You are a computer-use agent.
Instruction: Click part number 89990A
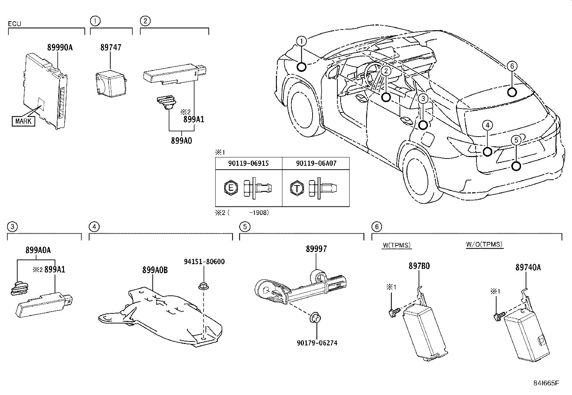pyautogui.click(x=60, y=47)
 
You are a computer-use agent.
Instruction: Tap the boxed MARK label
pyautogui.click(x=23, y=121)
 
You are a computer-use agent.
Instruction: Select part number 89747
pyautogui.click(x=111, y=47)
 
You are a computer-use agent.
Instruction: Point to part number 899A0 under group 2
pyautogui.click(x=181, y=141)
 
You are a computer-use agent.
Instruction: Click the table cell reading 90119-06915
pyautogui.click(x=248, y=163)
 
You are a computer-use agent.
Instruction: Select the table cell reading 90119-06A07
pyautogui.click(x=316, y=163)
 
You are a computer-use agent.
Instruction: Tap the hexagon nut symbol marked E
pyautogui.click(x=231, y=188)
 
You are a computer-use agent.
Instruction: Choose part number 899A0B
pyautogui.click(x=155, y=270)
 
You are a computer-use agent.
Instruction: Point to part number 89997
pyautogui.click(x=317, y=249)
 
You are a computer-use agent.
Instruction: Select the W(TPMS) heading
pyautogui.click(x=397, y=245)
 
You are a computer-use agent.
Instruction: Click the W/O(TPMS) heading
pyautogui.click(x=484, y=244)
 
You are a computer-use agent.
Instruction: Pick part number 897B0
pyautogui.click(x=419, y=266)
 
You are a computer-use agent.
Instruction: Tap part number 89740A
pyautogui.click(x=528, y=267)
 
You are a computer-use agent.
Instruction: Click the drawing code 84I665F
pyautogui.click(x=546, y=383)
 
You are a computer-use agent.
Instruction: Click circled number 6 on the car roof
pyautogui.click(x=512, y=66)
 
